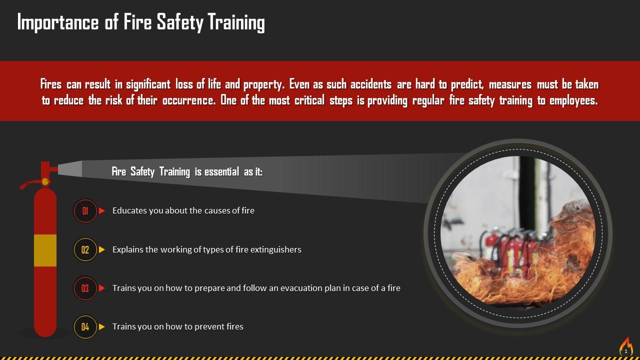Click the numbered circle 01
coord(85,211)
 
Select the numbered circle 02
coord(85,249)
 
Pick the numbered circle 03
coord(85,288)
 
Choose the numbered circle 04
coord(85,327)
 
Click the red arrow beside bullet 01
coord(102,211)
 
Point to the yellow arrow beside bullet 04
coord(102,327)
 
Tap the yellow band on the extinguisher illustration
coord(45,250)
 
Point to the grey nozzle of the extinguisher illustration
coord(70,168)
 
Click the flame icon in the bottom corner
coord(626,346)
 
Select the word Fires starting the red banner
coord(50,84)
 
